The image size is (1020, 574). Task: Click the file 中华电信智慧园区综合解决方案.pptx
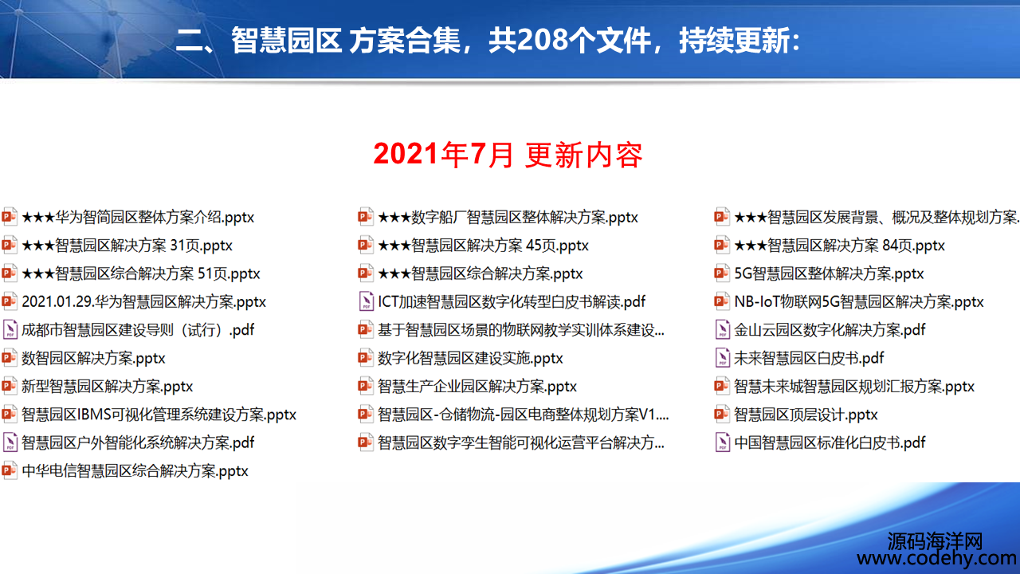pyautogui.click(x=135, y=470)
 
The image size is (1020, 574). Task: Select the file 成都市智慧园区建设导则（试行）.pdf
pyautogui.click(x=138, y=330)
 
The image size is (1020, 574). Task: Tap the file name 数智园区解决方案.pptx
pyautogui.click(x=93, y=358)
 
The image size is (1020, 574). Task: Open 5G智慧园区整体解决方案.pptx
pyautogui.click(x=829, y=273)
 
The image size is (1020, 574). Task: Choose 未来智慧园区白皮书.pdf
pyautogui.click(x=809, y=358)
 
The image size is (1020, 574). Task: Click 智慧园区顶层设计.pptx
pyautogui.click(x=806, y=415)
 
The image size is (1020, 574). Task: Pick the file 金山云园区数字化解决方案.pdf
pyautogui.click(x=830, y=330)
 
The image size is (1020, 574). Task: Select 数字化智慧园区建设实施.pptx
pyautogui.click(x=470, y=358)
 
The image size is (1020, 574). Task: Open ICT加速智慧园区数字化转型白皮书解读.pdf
pyautogui.click(x=512, y=301)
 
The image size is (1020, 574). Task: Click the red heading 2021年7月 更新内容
pyautogui.click(x=508, y=155)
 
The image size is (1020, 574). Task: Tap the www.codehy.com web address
pyautogui.click(x=936, y=557)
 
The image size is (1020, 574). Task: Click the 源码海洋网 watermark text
pyautogui.click(x=935, y=541)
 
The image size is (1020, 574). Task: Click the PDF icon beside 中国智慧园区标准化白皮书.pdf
pyautogui.click(x=722, y=442)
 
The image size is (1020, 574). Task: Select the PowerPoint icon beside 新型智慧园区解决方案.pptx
pyautogui.click(x=9, y=386)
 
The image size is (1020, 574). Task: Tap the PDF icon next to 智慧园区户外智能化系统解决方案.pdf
pyautogui.click(x=10, y=442)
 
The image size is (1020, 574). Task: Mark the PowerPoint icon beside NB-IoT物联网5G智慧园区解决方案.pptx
pyautogui.click(x=722, y=301)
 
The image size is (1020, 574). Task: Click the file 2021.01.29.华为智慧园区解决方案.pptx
pyautogui.click(x=144, y=301)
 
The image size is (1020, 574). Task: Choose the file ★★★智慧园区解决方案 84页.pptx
pyautogui.click(x=839, y=245)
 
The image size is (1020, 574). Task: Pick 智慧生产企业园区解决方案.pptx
pyautogui.click(x=477, y=387)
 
